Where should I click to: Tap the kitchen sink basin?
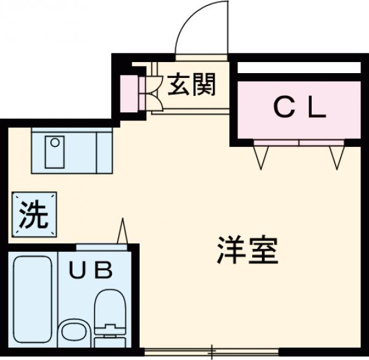click(56, 151)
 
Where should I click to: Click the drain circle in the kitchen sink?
click(55, 143)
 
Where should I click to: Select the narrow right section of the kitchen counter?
click(103, 151)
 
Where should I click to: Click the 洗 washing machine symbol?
click(32, 214)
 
